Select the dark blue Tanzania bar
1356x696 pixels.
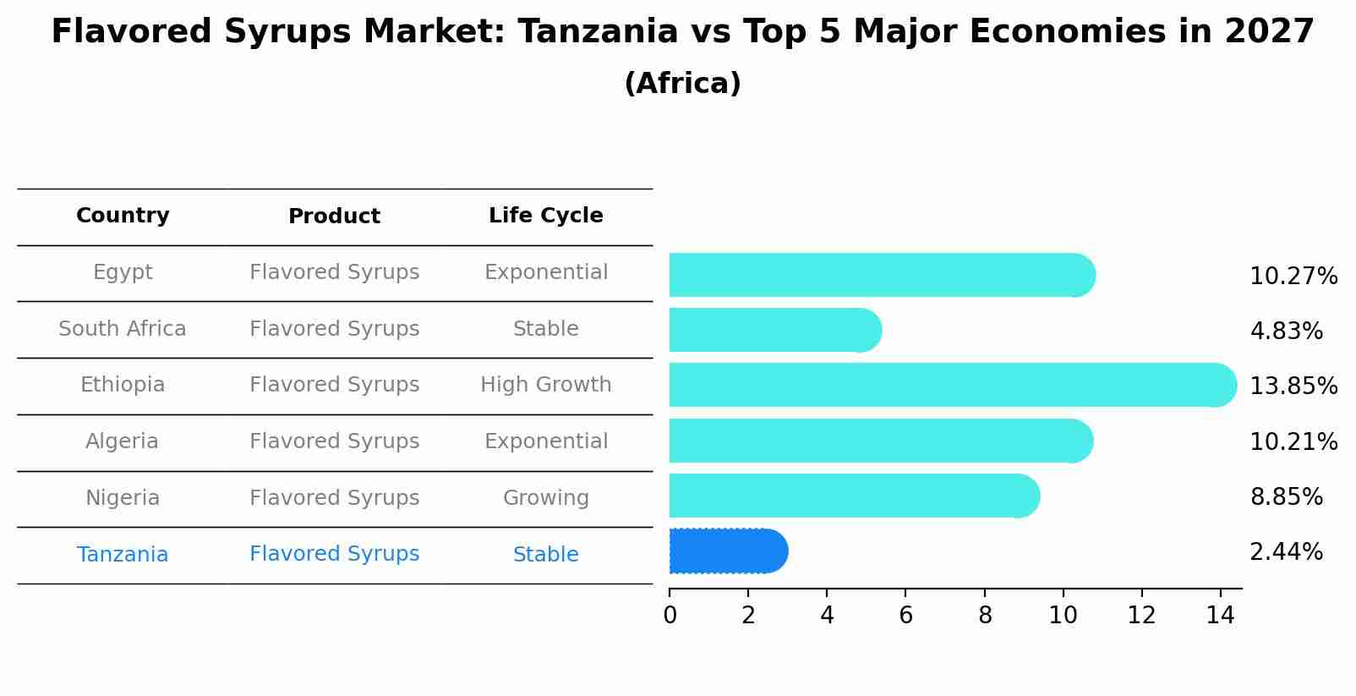coord(727,551)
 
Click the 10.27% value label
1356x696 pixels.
coord(1293,277)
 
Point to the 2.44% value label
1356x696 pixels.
coord(1286,552)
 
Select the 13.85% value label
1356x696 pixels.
coord(1293,386)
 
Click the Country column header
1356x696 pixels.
coord(123,216)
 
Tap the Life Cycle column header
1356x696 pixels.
coord(545,216)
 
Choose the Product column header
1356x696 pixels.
coord(334,216)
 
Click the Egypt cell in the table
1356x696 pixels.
coord(123,272)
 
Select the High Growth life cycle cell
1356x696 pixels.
coord(545,385)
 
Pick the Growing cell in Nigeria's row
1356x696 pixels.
coord(545,498)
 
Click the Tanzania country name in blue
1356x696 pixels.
coord(123,555)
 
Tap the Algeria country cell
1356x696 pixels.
coord(122,441)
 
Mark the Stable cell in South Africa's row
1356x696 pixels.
coord(545,329)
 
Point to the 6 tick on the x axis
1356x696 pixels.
coord(905,616)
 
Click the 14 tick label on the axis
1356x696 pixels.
coord(1220,616)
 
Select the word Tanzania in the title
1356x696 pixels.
coord(598,32)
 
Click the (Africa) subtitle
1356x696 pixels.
coord(682,84)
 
